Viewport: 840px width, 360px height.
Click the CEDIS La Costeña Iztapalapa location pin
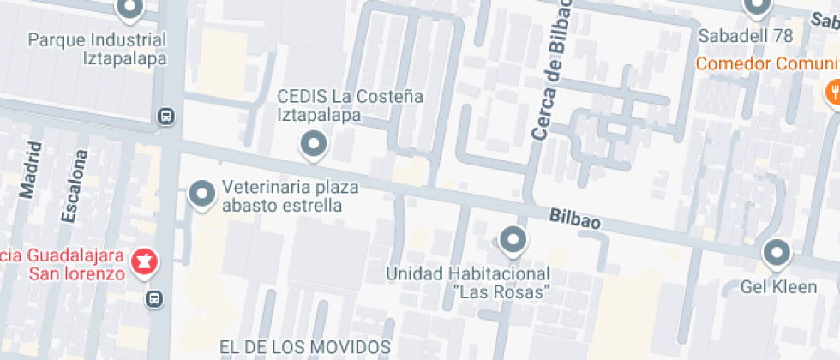tap(313, 144)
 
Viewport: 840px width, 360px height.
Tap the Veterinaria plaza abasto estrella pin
tap(202, 194)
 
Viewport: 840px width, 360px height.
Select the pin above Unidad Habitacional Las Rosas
tap(513, 240)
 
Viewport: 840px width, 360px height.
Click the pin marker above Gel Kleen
tap(777, 253)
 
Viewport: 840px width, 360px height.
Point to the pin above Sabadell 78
tap(756, 8)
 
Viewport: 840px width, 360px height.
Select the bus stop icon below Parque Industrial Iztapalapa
tap(165, 116)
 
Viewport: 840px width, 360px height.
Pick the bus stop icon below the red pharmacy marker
tap(154, 298)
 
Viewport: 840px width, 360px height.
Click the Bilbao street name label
tap(574, 219)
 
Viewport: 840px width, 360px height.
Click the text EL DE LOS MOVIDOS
tap(305, 347)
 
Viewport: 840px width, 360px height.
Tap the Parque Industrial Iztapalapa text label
tap(96, 49)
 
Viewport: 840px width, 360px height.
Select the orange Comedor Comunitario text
tap(767, 64)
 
